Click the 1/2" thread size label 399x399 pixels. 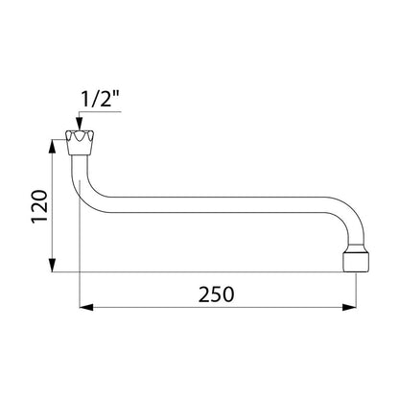[99, 100]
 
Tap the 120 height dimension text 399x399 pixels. [39, 206]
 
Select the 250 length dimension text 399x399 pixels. [217, 294]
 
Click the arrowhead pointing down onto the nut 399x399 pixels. [80, 125]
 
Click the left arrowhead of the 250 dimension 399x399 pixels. [86, 308]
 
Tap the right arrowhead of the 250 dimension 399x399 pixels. [349, 308]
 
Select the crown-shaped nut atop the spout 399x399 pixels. [80, 143]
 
